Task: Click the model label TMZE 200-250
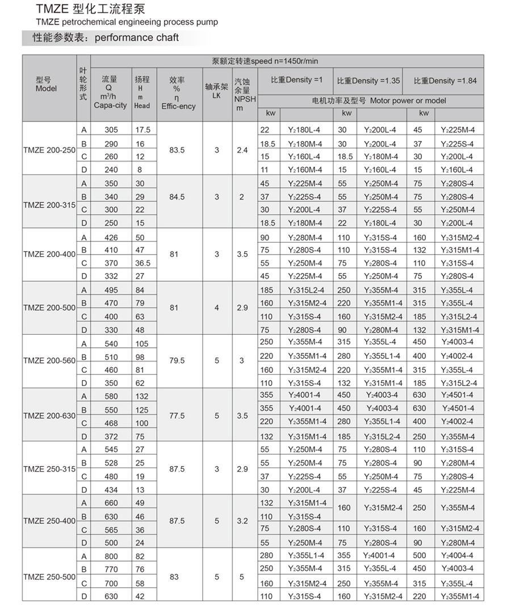click(x=49, y=149)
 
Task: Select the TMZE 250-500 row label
click(x=49, y=577)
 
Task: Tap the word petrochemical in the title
click(x=90, y=22)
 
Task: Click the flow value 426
click(x=111, y=237)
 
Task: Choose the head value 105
click(x=142, y=344)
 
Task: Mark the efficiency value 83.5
click(x=178, y=149)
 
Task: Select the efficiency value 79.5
click(x=177, y=361)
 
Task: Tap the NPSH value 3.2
click(x=242, y=521)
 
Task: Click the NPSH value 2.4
click(x=242, y=149)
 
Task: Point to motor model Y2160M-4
click(x=304, y=169)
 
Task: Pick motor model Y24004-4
click(x=459, y=555)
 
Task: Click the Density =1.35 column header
click(x=368, y=81)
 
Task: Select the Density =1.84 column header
click(x=445, y=81)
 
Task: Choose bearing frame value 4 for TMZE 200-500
click(x=216, y=307)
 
